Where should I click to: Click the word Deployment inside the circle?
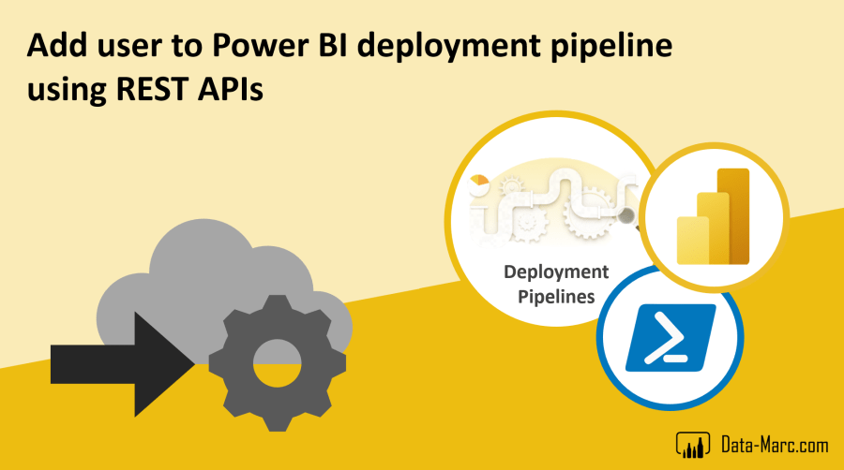[x=556, y=272]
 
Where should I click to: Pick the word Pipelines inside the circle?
[x=556, y=298]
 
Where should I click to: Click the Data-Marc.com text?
[x=771, y=442]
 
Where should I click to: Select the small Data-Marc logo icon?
[x=692, y=442]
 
